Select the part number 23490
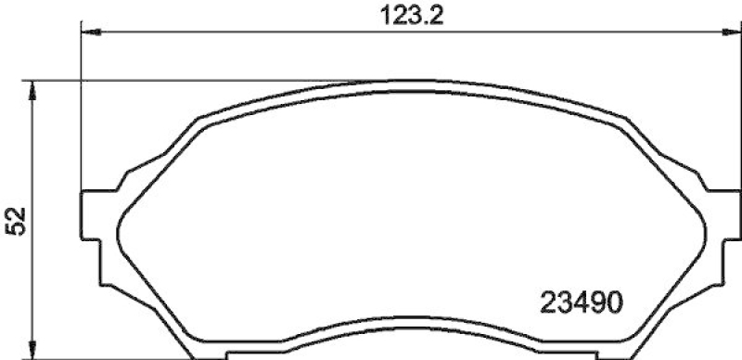click(x=581, y=302)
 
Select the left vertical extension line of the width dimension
click(x=83, y=111)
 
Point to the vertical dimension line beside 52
click(x=33, y=278)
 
